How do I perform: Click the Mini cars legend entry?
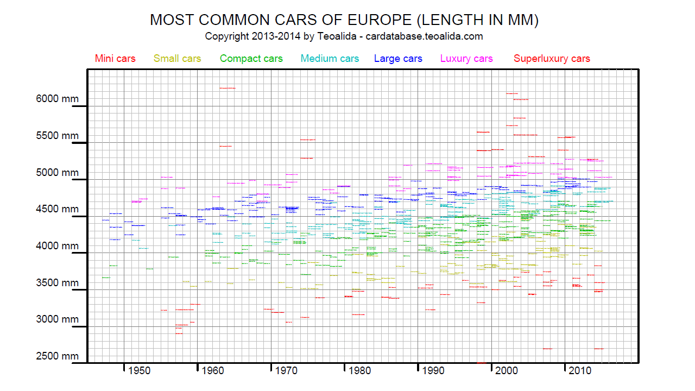click(x=115, y=59)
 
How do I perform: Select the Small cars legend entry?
click(x=177, y=59)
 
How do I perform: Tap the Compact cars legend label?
click(x=251, y=59)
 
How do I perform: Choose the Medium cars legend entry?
click(x=330, y=59)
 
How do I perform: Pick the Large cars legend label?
click(x=398, y=59)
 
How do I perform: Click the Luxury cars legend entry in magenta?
click(x=466, y=59)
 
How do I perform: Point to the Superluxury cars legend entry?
click(x=552, y=59)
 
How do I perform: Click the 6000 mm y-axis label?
click(x=58, y=99)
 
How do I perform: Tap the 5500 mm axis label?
click(x=58, y=136)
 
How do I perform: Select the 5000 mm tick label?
click(x=58, y=173)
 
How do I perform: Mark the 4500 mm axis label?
click(x=58, y=209)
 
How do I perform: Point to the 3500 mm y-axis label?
click(x=58, y=283)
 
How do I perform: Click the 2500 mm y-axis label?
click(x=58, y=356)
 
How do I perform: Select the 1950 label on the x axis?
click(x=139, y=371)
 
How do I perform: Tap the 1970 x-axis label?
click(x=286, y=371)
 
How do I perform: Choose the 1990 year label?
click(x=433, y=371)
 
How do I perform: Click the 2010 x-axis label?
click(x=580, y=371)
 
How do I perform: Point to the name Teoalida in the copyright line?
click(x=336, y=37)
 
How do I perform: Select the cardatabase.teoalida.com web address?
click(x=424, y=37)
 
